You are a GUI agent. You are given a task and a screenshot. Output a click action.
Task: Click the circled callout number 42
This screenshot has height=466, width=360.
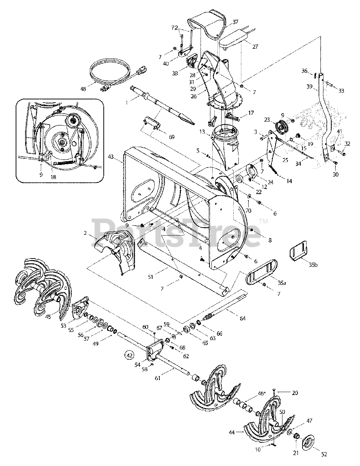[129, 354]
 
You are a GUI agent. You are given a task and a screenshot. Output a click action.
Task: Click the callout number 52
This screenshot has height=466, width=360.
[324, 454]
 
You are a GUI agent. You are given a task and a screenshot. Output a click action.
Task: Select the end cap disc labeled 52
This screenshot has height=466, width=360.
[308, 443]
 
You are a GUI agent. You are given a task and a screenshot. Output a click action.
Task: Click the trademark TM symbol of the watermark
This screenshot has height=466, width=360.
[263, 221]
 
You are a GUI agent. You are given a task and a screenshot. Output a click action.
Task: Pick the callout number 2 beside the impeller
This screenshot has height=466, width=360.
[85, 233]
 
